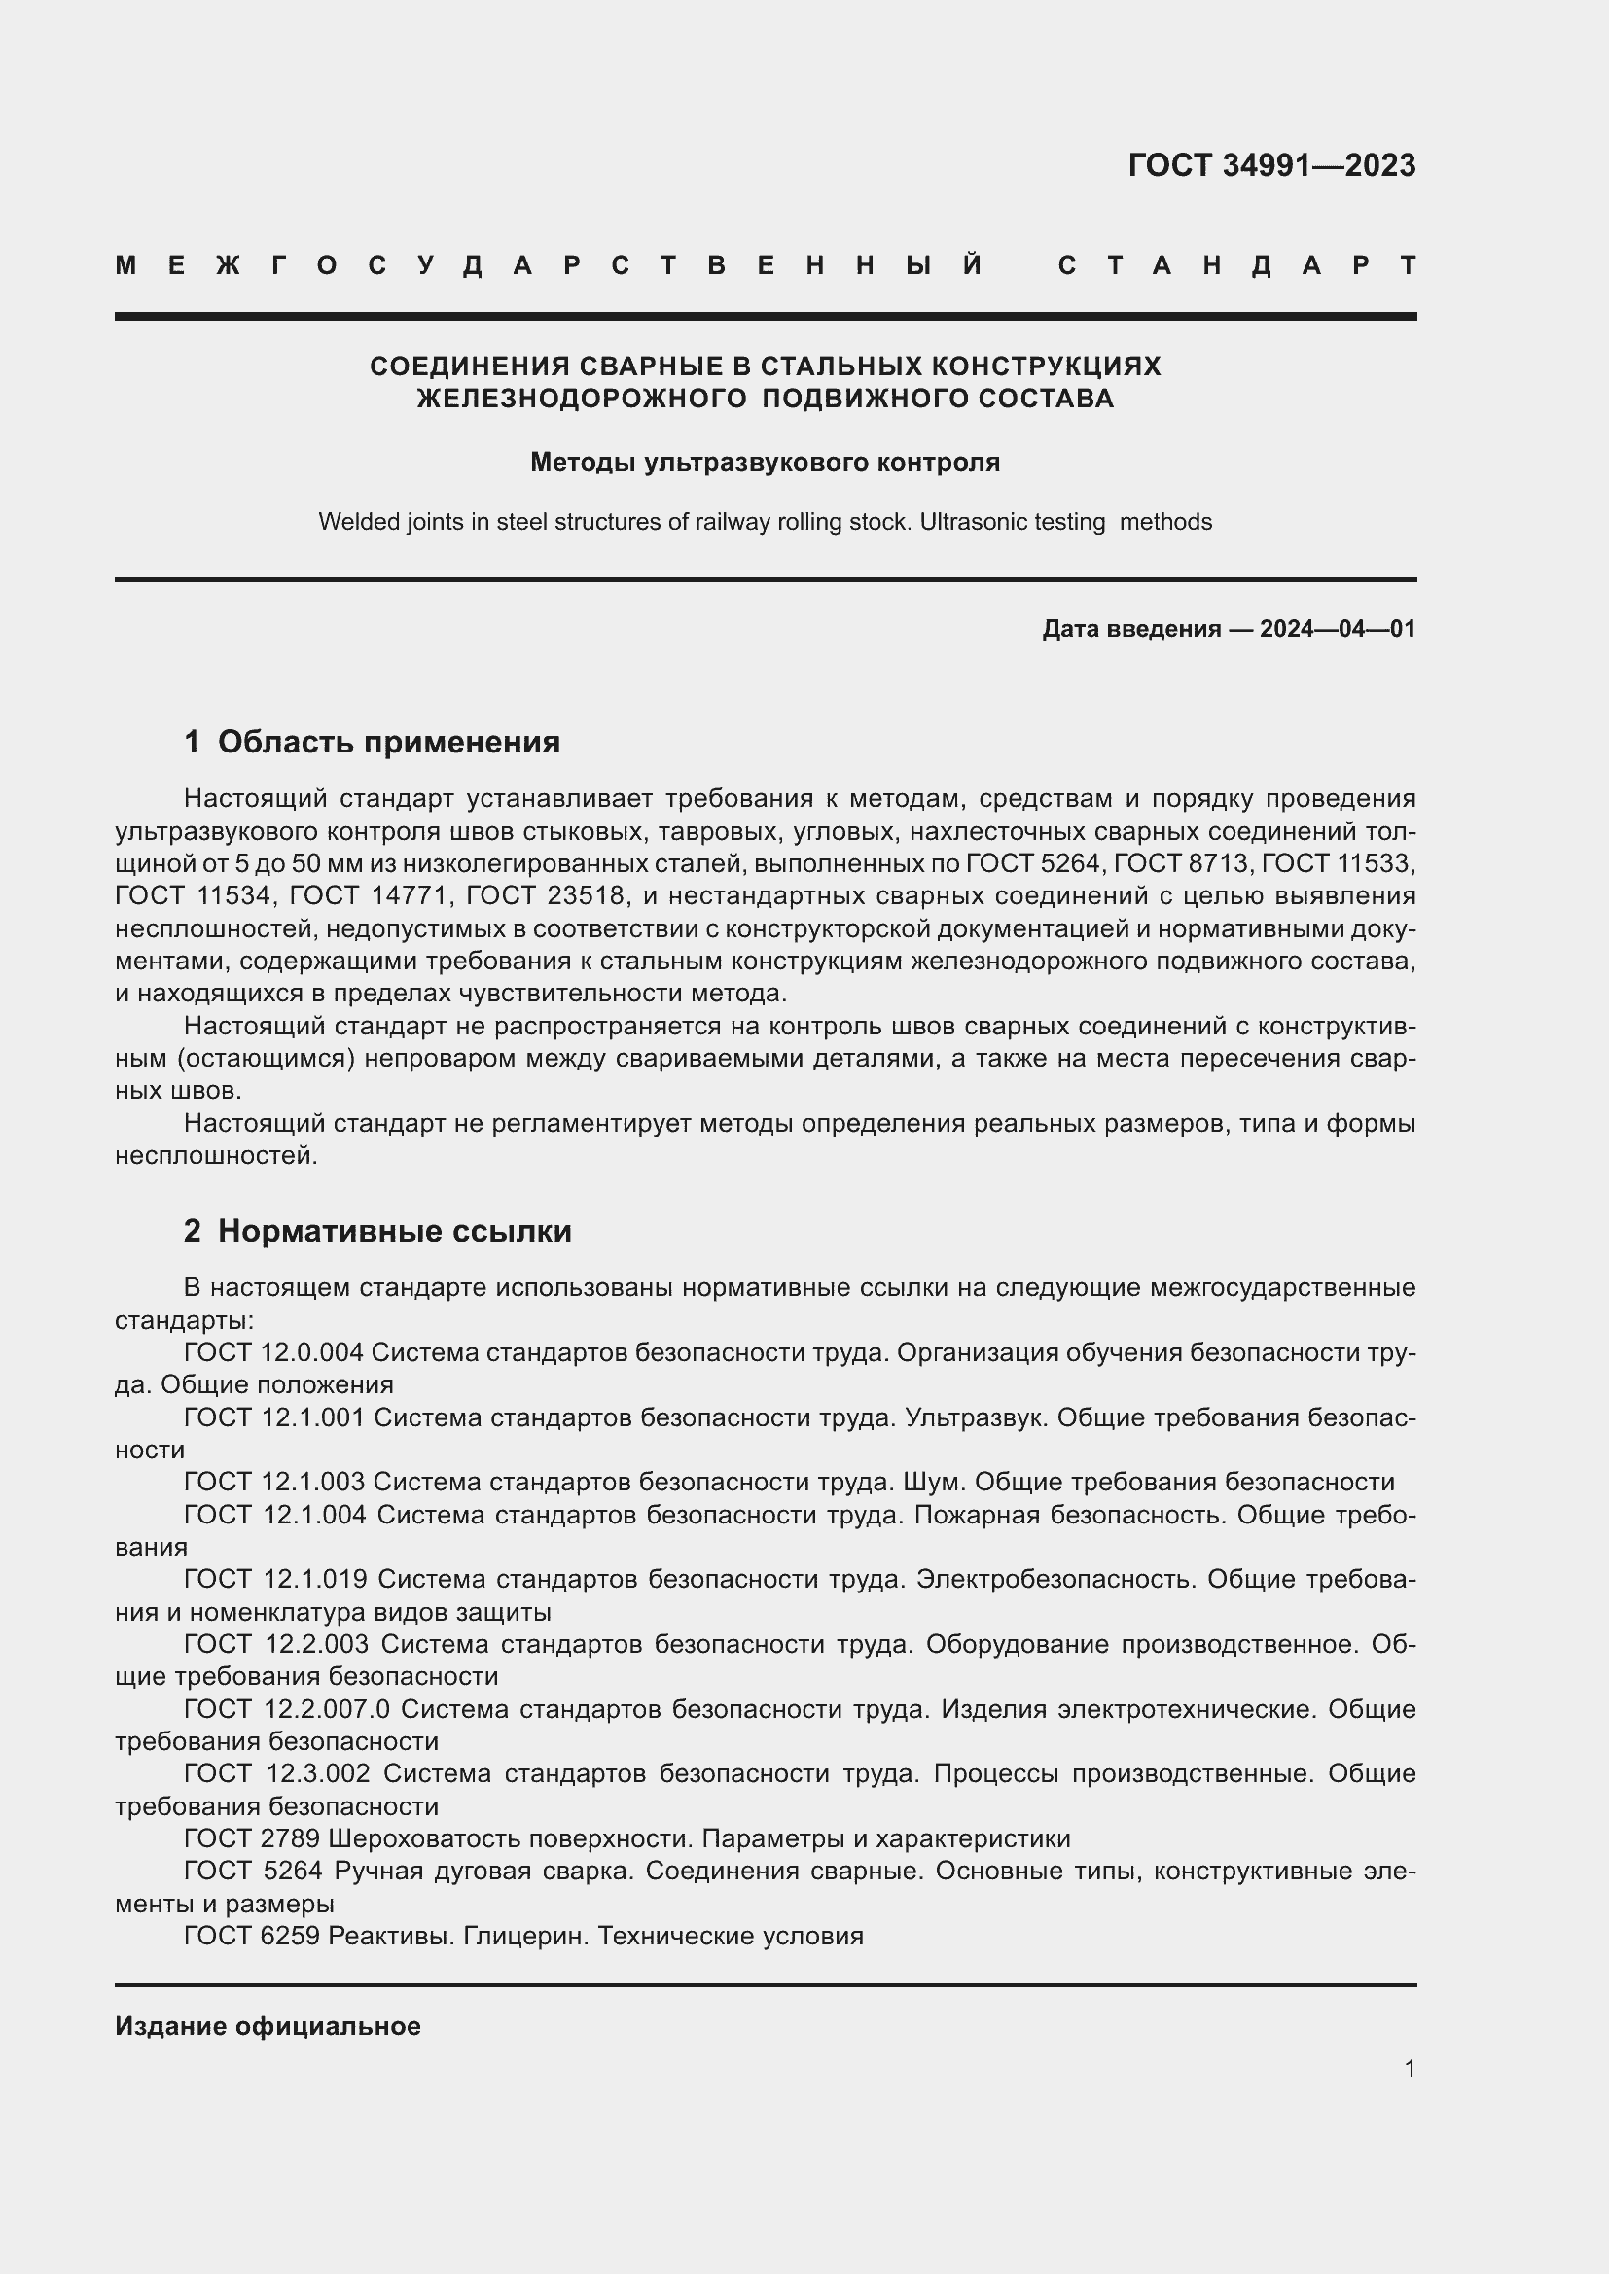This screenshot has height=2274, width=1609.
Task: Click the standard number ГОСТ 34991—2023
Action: point(1271,165)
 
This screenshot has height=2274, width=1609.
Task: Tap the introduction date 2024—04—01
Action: point(1337,629)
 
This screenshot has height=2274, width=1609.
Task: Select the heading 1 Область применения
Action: point(372,742)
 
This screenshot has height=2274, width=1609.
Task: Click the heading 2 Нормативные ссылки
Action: point(377,1231)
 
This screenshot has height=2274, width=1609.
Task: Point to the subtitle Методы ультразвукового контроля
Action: point(765,463)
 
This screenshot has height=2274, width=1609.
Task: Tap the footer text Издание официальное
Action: point(268,2026)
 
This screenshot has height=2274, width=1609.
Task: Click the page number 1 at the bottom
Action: point(1409,2068)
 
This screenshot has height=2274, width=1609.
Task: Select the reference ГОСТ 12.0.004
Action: point(273,1353)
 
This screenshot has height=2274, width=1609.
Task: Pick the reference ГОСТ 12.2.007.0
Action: point(287,1709)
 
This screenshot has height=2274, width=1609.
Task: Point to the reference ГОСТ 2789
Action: point(252,1839)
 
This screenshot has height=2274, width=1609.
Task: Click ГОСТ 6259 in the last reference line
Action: point(252,1937)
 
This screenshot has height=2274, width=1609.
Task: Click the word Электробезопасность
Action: point(1056,1580)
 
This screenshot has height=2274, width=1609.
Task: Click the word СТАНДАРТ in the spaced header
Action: point(1236,266)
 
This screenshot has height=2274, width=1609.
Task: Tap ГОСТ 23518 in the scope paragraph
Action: point(546,896)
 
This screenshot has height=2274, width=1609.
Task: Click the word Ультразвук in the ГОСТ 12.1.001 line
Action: point(976,1417)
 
